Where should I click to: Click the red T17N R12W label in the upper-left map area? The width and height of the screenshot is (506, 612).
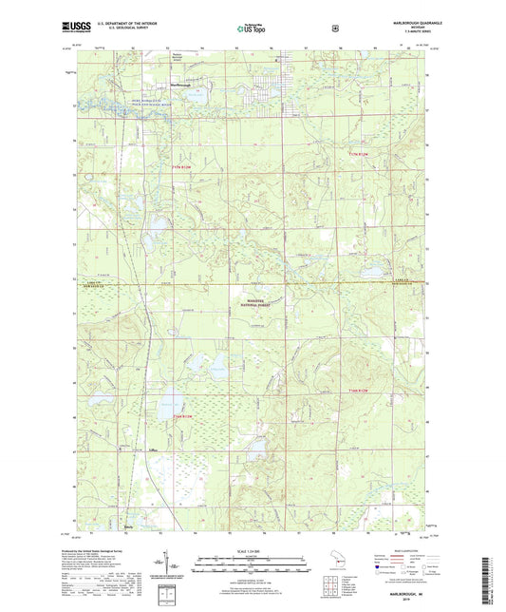182,167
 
